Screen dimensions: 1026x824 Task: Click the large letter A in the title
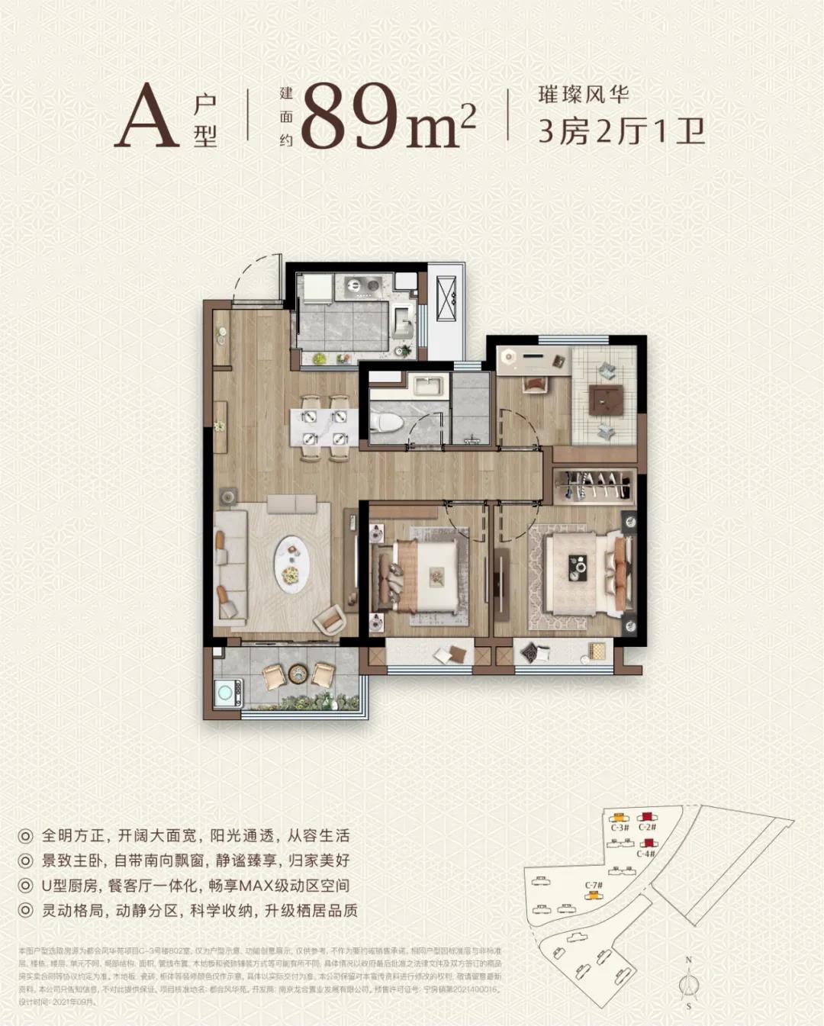146,116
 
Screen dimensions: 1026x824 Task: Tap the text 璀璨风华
584,95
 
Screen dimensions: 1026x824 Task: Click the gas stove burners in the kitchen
360,285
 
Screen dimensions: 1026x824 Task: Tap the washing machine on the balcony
228,693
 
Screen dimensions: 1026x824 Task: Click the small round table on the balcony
298,674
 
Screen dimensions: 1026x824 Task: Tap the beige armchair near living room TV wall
330,619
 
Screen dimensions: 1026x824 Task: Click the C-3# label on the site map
620,827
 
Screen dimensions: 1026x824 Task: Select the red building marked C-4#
649,844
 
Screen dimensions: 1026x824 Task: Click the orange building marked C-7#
592,895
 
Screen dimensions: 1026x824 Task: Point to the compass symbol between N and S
689,983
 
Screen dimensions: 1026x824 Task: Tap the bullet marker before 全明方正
26,836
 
